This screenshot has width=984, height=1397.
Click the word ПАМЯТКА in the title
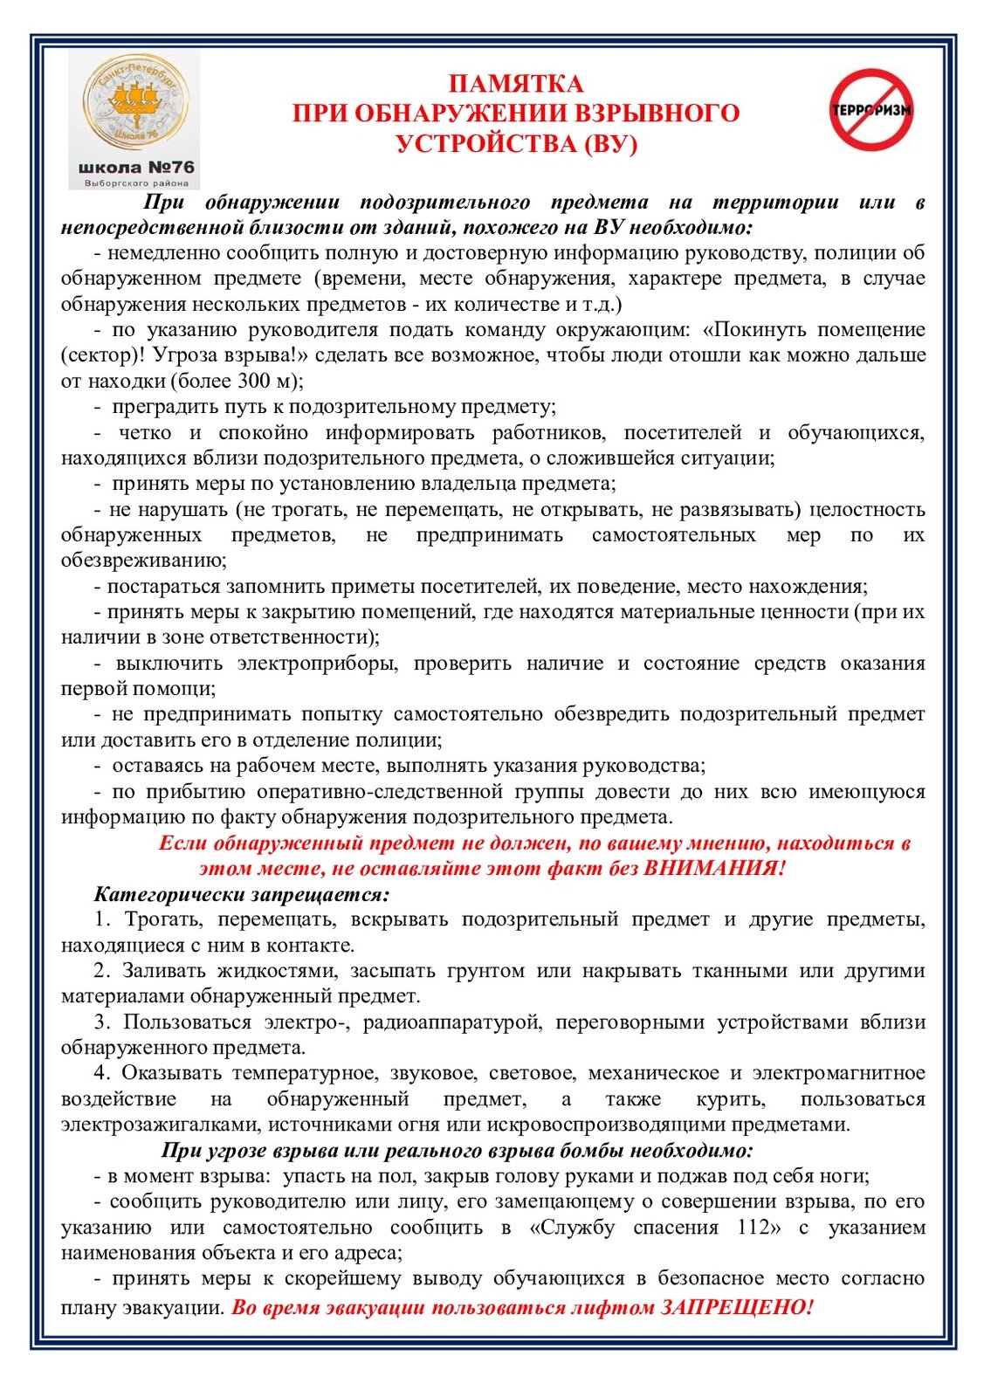[x=515, y=84]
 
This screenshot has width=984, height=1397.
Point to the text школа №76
[x=136, y=167]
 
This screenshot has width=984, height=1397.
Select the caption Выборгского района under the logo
[x=136, y=183]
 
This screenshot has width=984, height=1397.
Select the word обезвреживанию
[x=144, y=560]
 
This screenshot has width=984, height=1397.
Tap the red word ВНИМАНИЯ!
[x=715, y=868]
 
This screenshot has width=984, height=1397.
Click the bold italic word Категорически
[x=170, y=894]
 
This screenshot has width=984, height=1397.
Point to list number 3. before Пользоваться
[x=102, y=1022]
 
